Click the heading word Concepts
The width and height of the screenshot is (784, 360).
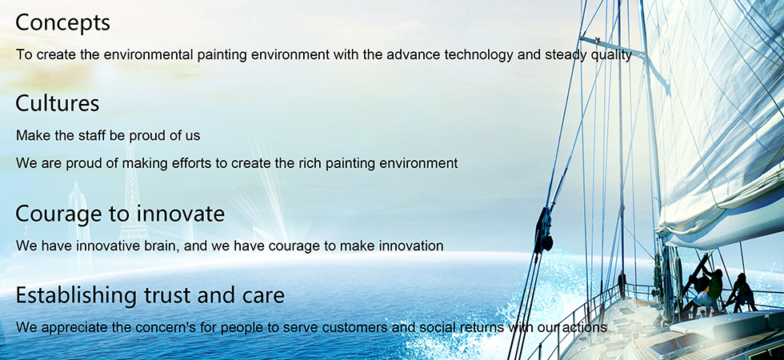pos(63,23)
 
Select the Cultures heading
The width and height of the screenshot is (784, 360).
pos(58,103)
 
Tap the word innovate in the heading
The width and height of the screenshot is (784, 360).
pos(181,214)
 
